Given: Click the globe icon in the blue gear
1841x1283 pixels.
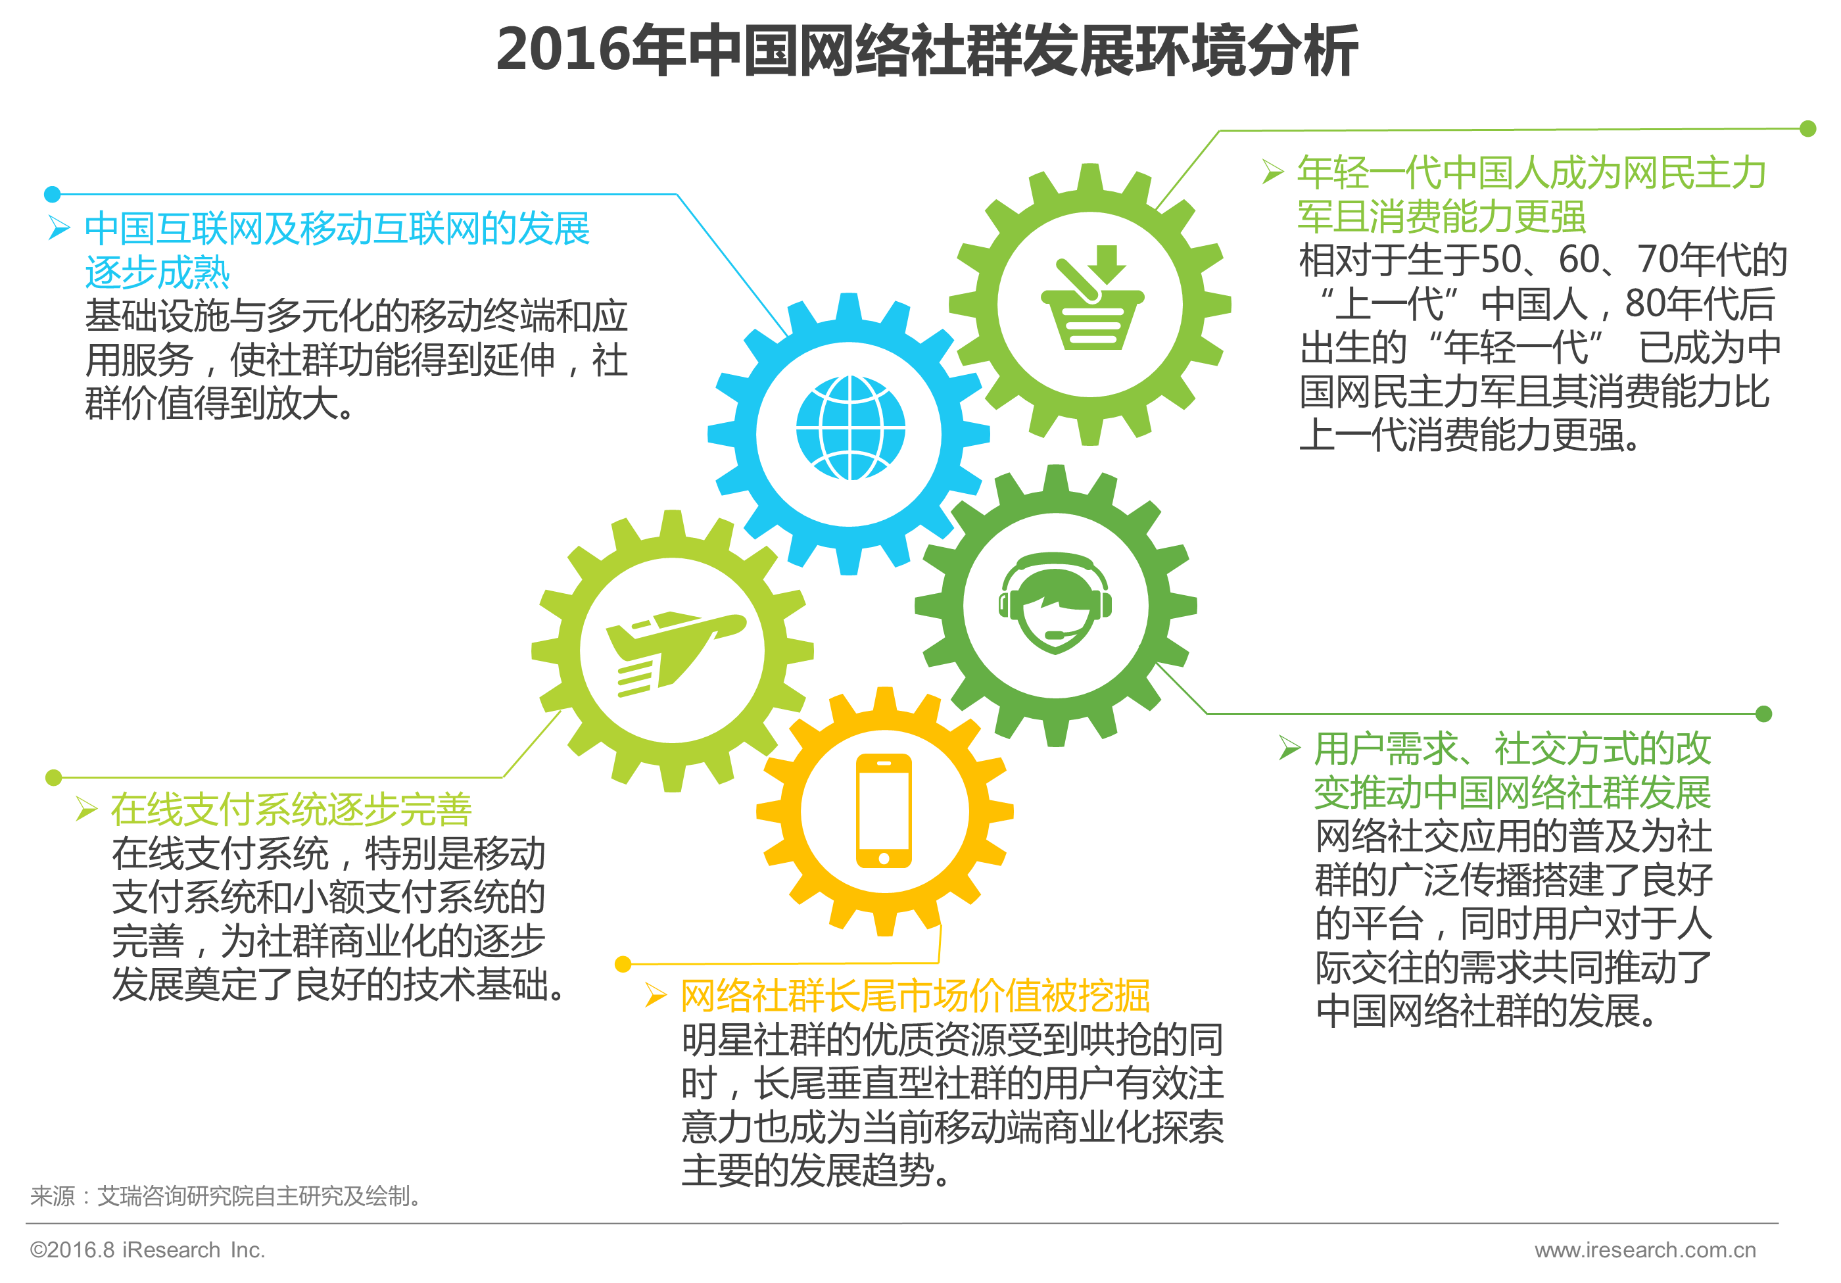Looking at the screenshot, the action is pyautogui.click(x=850, y=427).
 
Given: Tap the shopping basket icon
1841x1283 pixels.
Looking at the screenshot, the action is pyautogui.click(x=1091, y=299).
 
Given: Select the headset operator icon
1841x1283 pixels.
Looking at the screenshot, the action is pyautogui.click(x=1055, y=603).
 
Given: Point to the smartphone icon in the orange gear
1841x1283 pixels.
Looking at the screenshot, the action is pyautogui.click(x=884, y=811).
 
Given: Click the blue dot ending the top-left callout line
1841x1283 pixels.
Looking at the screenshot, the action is pyautogui.click(x=53, y=194).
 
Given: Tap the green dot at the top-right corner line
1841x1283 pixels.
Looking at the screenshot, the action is pyautogui.click(x=1808, y=128).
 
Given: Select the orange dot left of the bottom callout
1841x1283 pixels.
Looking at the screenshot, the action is pyautogui.click(x=623, y=964).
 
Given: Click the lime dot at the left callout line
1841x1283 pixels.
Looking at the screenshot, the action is pyautogui.click(x=54, y=777).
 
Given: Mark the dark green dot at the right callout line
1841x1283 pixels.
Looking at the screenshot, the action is pyautogui.click(x=1764, y=714).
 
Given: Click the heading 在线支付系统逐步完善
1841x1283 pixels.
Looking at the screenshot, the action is pyautogui.click(x=291, y=809).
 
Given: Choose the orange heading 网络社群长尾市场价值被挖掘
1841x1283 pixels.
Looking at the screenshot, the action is pyautogui.click(x=915, y=996).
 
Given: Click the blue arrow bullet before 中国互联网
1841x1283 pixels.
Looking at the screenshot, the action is pyautogui.click(x=59, y=229).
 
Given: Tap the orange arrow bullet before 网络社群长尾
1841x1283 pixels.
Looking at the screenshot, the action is pyautogui.click(x=656, y=996).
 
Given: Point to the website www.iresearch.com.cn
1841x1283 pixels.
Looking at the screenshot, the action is pyautogui.click(x=1644, y=1250).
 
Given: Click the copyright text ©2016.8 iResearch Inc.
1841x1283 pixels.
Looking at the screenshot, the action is pyautogui.click(x=147, y=1250).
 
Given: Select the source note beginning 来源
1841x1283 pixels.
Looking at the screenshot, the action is pyautogui.click(x=226, y=1196).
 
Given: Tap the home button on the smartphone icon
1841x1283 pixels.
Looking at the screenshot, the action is pyautogui.click(x=884, y=858).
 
